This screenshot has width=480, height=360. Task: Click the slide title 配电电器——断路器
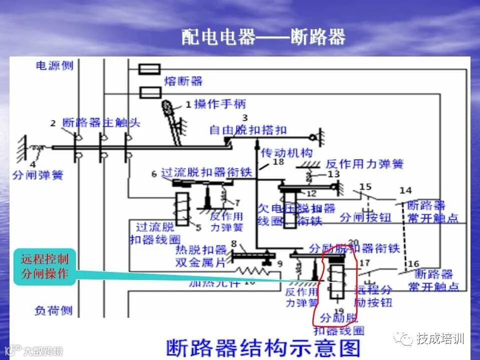click(x=263, y=37)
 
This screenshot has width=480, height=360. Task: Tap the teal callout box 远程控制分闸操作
click(x=44, y=266)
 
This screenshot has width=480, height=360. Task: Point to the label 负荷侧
click(x=53, y=310)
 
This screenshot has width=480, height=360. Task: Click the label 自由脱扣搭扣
click(x=248, y=130)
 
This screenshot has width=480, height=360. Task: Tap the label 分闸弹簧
click(x=38, y=175)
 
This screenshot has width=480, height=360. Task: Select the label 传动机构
click(x=286, y=152)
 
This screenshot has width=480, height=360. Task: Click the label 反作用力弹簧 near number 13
click(x=364, y=163)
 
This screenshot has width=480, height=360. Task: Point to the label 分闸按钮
click(x=365, y=217)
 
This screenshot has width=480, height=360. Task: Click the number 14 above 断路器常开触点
click(x=405, y=190)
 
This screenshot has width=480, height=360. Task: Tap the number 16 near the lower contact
click(x=413, y=263)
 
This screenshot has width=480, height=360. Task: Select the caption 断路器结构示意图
click(x=262, y=346)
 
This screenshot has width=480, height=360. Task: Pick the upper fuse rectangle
click(x=149, y=69)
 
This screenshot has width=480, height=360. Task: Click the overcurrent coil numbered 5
click(x=181, y=207)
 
